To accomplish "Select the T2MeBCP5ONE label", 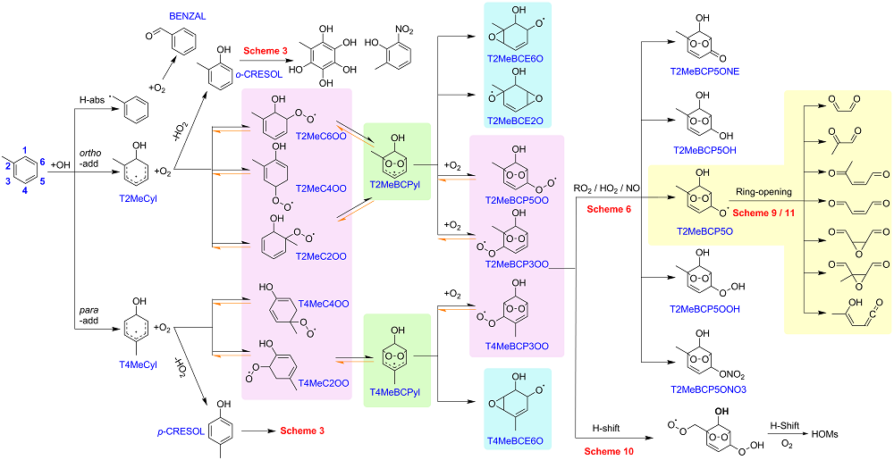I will pyautogui.click(x=704, y=71).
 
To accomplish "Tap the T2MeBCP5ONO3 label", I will pyautogui.click(x=704, y=390).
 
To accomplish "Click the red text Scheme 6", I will pyautogui.click(x=608, y=208).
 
